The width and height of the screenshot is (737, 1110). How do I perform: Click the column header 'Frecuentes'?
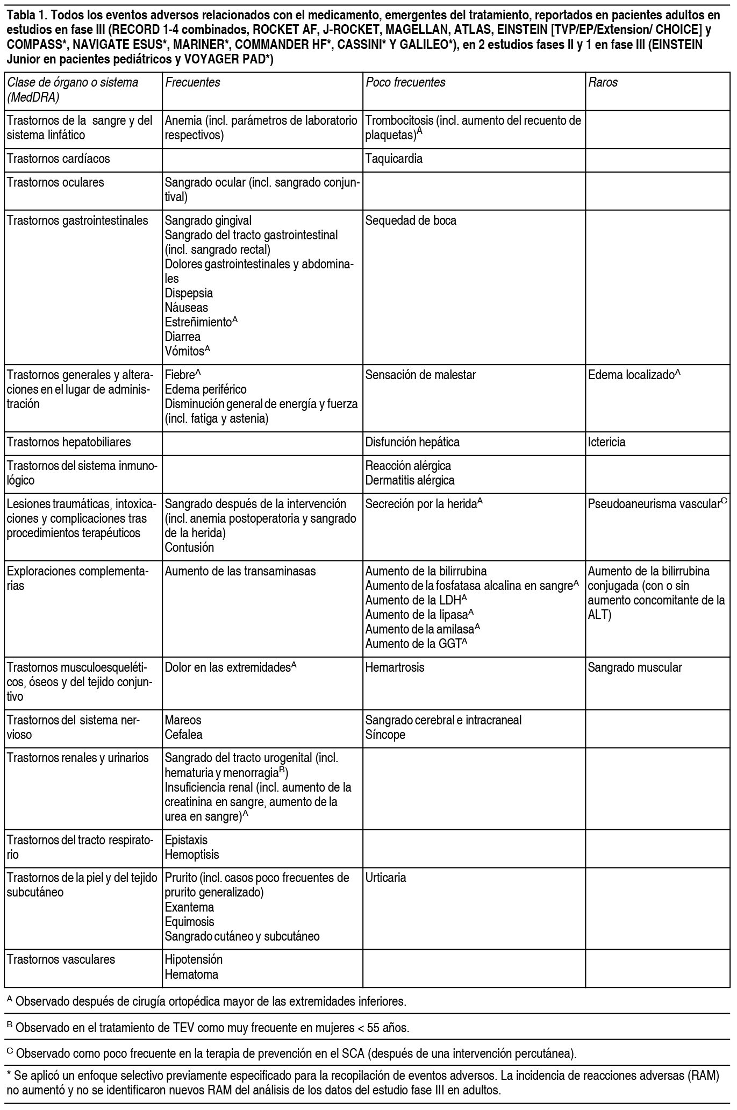pyautogui.click(x=192, y=82)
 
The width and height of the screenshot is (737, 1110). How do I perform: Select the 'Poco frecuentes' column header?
pyautogui.click(x=405, y=82)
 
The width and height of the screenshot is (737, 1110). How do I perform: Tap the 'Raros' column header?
pyautogui.click(x=603, y=82)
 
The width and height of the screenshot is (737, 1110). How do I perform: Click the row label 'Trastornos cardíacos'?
pyautogui.click(x=58, y=159)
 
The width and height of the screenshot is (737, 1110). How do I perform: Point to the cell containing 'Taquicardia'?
pyautogui.click(x=393, y=159)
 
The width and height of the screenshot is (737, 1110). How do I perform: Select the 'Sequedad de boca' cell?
pyautogui.click(x=411, y=220)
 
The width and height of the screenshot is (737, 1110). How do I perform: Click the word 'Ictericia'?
pyautogui.click(x=606, y=442)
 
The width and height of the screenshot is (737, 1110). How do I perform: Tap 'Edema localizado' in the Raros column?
pyautogui.click(x=631, y=375)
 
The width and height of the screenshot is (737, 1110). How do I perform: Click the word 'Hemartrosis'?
pyautogui.click(x=395, y=667)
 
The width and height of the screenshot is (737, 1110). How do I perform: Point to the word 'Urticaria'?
pyautogui.click(x=385, y=878)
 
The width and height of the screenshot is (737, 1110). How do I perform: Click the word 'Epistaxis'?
pyautogui.click(x=186, y=839)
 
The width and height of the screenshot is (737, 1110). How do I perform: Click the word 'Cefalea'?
pyautogui.click(x=183, y=734)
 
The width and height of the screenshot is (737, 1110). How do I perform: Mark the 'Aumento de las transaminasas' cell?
pyautogui.click(x=240, y=571)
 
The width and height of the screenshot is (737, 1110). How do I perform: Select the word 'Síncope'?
pyautogui.click(x=385, y=734)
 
